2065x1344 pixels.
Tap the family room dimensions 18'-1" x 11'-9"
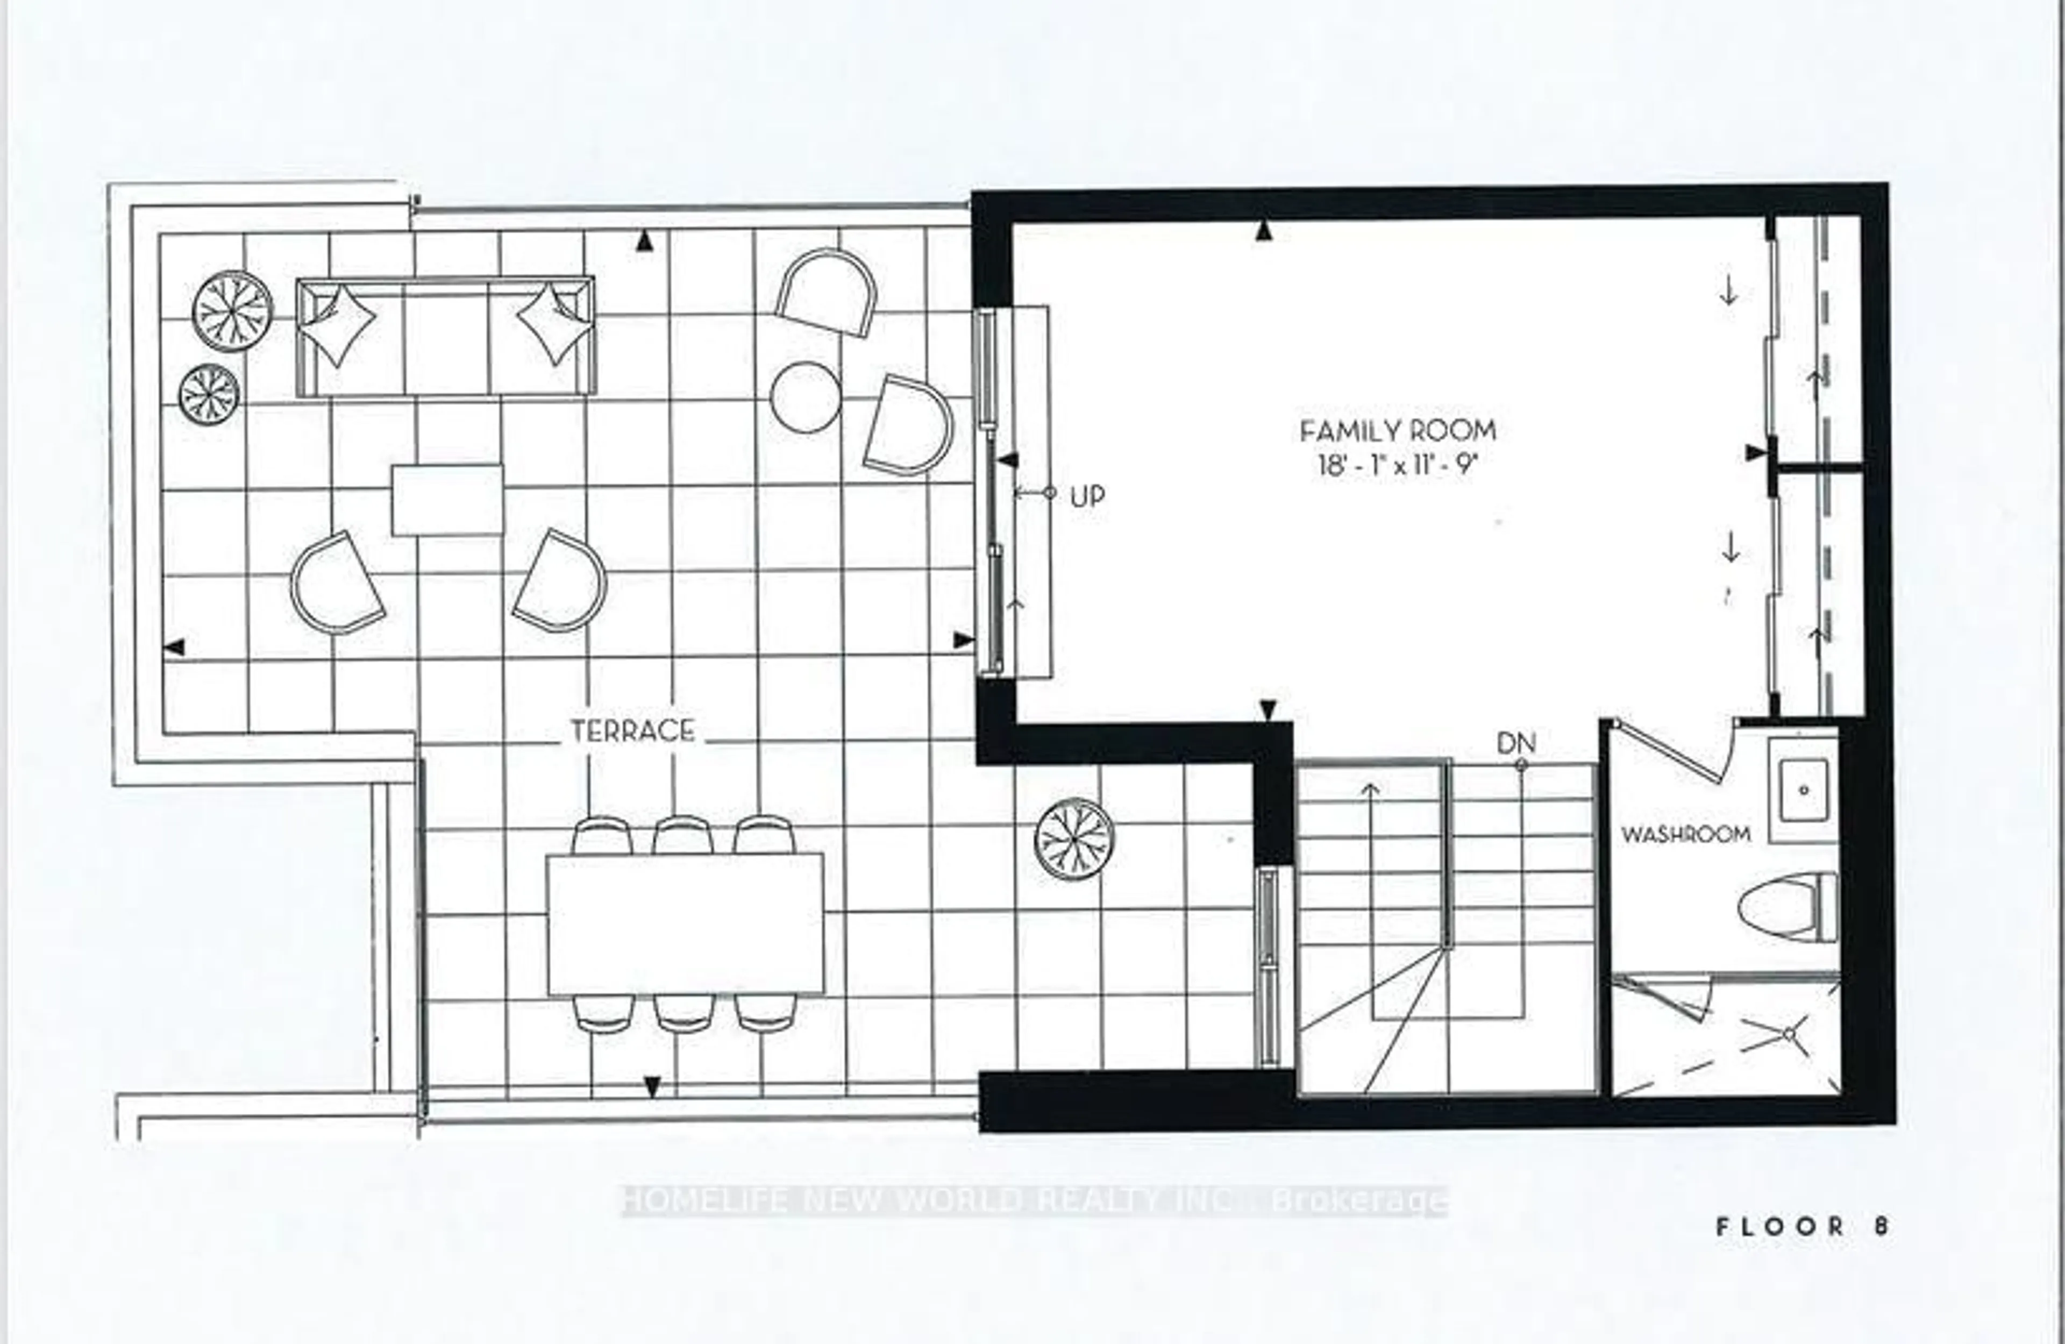pyautogui.click(x=1397, y=466)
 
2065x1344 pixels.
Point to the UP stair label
pyautogui.click(x=1087, y=496)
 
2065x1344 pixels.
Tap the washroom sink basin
pyautogui.click(x=1804, y=790)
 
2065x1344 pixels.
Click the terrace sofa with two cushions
pyautogui.click(x=445, y=337)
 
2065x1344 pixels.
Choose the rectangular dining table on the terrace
pyautogui.click(x=685, y=925)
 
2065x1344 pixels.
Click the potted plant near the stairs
pyautogui.click(x=1074, y=838)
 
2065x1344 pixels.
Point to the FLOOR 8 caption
pyautogui.click(x=1801, y=1226)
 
